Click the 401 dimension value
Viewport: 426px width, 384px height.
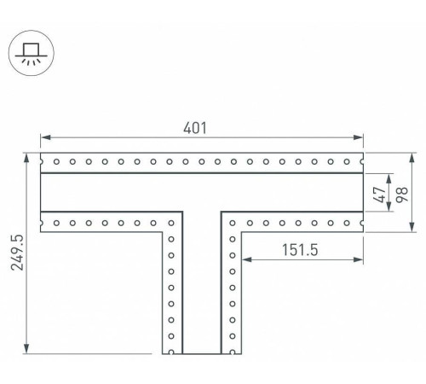click(x=195, y=128)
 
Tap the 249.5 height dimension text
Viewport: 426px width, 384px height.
click(x=17, y=253)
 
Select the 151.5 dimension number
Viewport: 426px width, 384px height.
click(x=300, y=250)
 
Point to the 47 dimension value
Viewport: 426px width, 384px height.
click(x=380, y=195)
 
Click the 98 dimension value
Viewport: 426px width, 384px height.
click(x=402, y=195)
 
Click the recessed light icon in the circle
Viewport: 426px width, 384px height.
click(x=32, y=53)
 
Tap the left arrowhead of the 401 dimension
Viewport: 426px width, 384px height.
click(x=46, y=137)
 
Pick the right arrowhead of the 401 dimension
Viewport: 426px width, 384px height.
click(x=358, y=137)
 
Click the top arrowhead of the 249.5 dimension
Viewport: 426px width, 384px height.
click(x=26, y=159)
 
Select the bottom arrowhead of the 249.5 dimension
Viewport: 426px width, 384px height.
click(x=26, y=348)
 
